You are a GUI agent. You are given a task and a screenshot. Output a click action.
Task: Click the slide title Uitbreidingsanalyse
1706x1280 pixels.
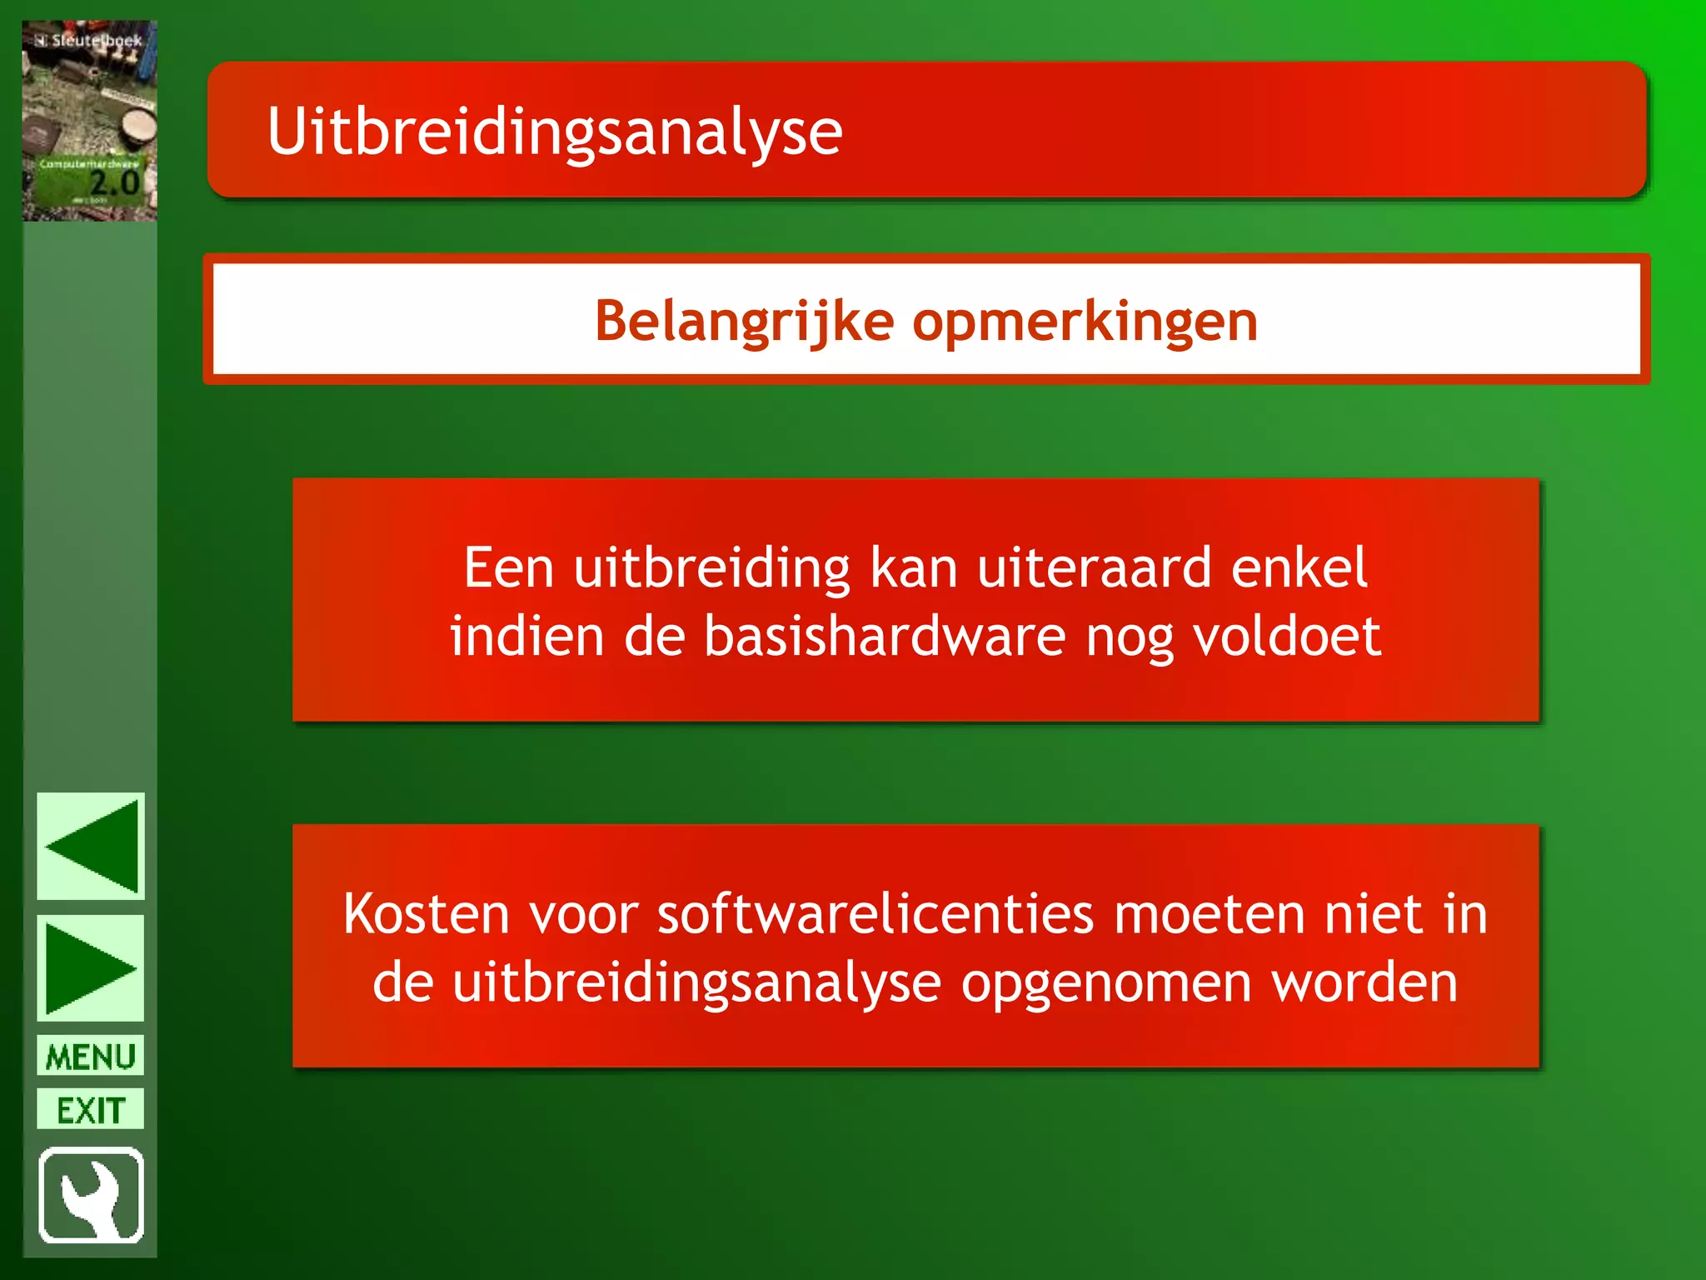click(555, 132)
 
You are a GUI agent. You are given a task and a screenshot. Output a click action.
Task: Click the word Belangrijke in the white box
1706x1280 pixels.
click(744, 321)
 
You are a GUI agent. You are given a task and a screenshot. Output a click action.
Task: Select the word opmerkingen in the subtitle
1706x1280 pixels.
click(1085, 322)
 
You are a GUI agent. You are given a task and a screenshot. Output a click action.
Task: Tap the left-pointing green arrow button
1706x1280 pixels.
click(91, 846)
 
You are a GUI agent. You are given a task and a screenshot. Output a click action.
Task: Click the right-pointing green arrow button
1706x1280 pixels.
click(91, 968)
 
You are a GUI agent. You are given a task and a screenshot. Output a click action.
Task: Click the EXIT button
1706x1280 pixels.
click(91, 1109)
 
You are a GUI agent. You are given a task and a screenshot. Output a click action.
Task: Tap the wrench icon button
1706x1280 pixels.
click(91, 1195)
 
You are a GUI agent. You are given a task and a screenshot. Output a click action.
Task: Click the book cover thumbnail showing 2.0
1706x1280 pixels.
click(90, 122)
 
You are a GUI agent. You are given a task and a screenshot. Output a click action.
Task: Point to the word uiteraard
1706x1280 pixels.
click(1094, 568)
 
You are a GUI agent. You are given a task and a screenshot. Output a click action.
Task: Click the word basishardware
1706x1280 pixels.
click(885, 637)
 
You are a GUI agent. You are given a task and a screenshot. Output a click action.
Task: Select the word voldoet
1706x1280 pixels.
click(1286, 637)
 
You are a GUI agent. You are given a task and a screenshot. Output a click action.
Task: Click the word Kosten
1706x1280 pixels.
click(426, 914)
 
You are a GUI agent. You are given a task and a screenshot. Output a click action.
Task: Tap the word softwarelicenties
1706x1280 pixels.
click(875, 914)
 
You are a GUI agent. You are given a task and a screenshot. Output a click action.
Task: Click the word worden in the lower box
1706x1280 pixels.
click(1364, 983)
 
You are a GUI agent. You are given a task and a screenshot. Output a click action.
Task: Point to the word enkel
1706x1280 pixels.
click(1299, 568)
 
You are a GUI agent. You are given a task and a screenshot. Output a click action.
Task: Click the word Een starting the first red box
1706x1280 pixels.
click(508, 568)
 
